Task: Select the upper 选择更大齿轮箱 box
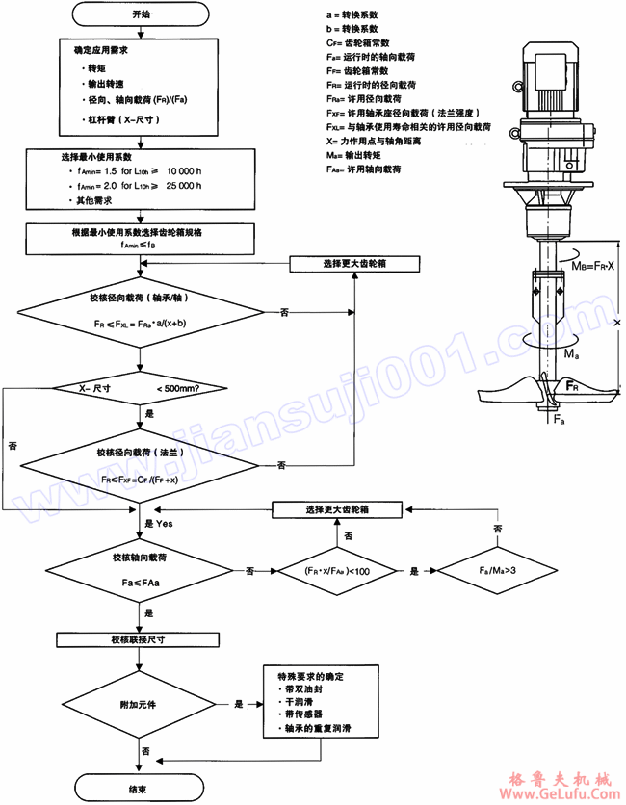coord(355,263)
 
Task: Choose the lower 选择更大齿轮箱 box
coord(338,507)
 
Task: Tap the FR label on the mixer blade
coord(572,387)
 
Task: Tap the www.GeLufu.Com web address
coord(561,795)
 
